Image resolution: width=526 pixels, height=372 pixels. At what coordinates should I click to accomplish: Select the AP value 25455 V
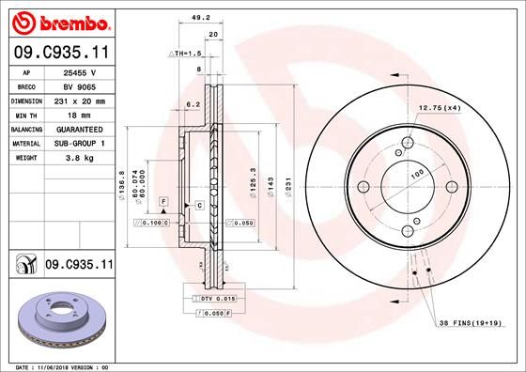(81, 71)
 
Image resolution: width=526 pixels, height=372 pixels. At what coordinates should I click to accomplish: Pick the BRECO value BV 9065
(81, 85)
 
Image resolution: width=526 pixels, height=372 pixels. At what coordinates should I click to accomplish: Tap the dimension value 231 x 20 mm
(81, 100)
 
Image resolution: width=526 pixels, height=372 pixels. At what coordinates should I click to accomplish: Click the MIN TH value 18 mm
(81, 114)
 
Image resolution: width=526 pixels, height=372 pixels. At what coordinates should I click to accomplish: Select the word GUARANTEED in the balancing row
(81, 128)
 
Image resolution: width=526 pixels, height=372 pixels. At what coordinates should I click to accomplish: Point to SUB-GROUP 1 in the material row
(81, 142)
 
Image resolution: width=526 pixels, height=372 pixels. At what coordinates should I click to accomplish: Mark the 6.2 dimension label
(194, 104)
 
